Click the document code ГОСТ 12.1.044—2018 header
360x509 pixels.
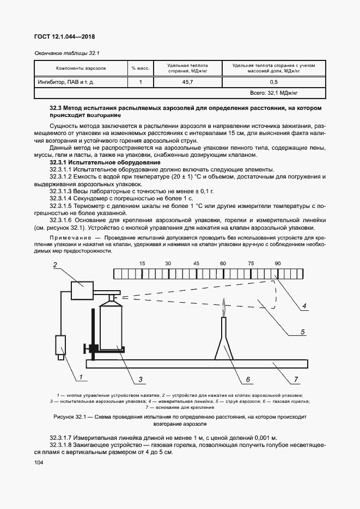coord(61,36)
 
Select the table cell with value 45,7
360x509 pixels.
coord(187,82)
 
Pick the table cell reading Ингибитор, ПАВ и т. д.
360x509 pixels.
coord(65,82)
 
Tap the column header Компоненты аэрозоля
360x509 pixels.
coord(80,69)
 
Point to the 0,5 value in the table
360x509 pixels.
coord(273,82)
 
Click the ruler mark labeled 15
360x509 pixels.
coord(142,263)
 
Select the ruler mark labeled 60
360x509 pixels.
coord(223,263)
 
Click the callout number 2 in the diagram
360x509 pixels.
coord(55,265)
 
